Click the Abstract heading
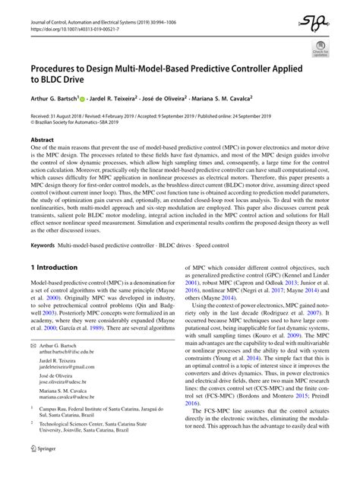tap(42, 140)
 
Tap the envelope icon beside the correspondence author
tap(33, 345)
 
